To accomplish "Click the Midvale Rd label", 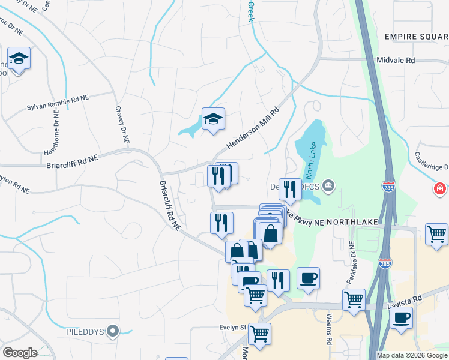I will pyautogui.click(x=396, y=61).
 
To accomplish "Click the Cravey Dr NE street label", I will pyautogui.click(x=122, y=124).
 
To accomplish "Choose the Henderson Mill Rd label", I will pyautogui.click(x=253, y=129).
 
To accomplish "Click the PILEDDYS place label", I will pyautogui.click(x=85, y=331).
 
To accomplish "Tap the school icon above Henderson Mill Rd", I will pyautogui.click(x=213, y=119).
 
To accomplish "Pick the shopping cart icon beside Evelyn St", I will pyautogui.click(x=259, y=334).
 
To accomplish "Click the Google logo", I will pyautogui.click(x=20, y=353).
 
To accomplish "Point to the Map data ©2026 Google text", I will pyautogui.click(x=411, y=355).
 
